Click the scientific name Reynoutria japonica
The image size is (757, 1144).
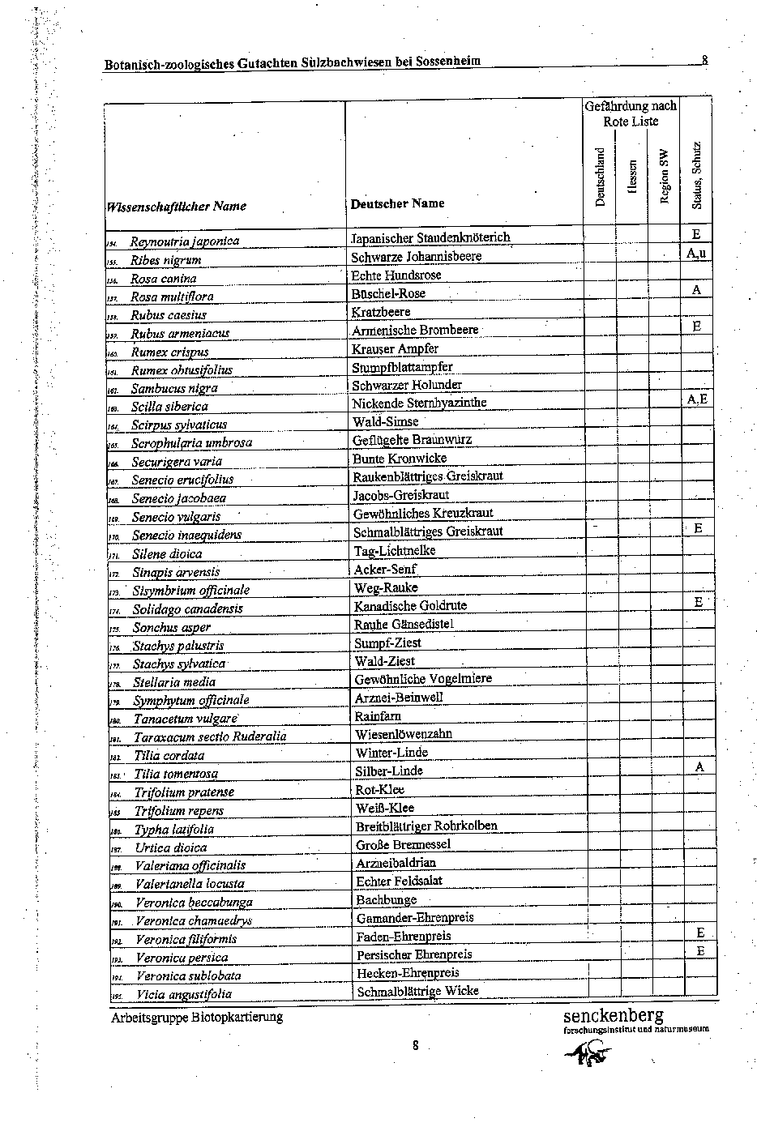(185, 241)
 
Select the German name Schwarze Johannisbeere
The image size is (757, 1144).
(417, 257)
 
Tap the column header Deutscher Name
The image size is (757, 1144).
(397, 203)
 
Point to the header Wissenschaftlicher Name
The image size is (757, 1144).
(176, 206)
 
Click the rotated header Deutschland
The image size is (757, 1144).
(601, 177)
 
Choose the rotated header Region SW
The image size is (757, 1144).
(665, 177)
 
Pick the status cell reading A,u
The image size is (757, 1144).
(696, 254)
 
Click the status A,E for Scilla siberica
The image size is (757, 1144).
(696, 399)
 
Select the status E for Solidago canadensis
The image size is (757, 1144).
(698, 602)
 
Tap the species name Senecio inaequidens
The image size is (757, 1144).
(186, 535)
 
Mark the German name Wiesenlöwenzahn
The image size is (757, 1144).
(404, 734)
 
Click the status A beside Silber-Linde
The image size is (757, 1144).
(699, 766)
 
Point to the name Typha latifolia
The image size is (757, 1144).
(173, 829)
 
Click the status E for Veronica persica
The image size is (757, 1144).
(700, 951)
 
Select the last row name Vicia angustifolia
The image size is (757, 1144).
(184, 994)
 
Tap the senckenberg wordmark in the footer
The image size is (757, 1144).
(614, 1015)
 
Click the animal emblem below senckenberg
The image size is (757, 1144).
(588, 1052)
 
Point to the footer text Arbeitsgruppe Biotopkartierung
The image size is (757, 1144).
(197, 1017)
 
